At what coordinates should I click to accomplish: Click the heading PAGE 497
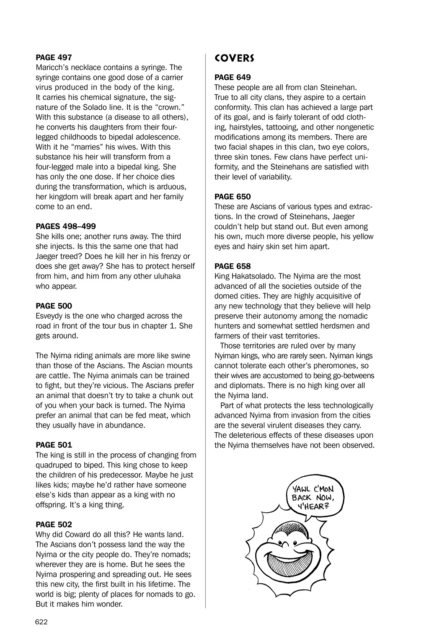pyautogui.click(x=54, y=57)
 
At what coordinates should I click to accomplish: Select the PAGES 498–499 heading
pyautogui.click(x=66, y=226)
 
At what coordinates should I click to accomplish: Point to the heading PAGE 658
pyautogui.click(x=233, y=266)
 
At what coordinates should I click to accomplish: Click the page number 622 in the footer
pyautogui.click(x=41, y=622)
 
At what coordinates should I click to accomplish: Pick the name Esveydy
pyautogui.click(x=51, y=316)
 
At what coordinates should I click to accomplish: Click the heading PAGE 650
pyautogui.click(x=233, y=196)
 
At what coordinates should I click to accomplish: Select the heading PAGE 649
pyautogui.click(x=233, y=77)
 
